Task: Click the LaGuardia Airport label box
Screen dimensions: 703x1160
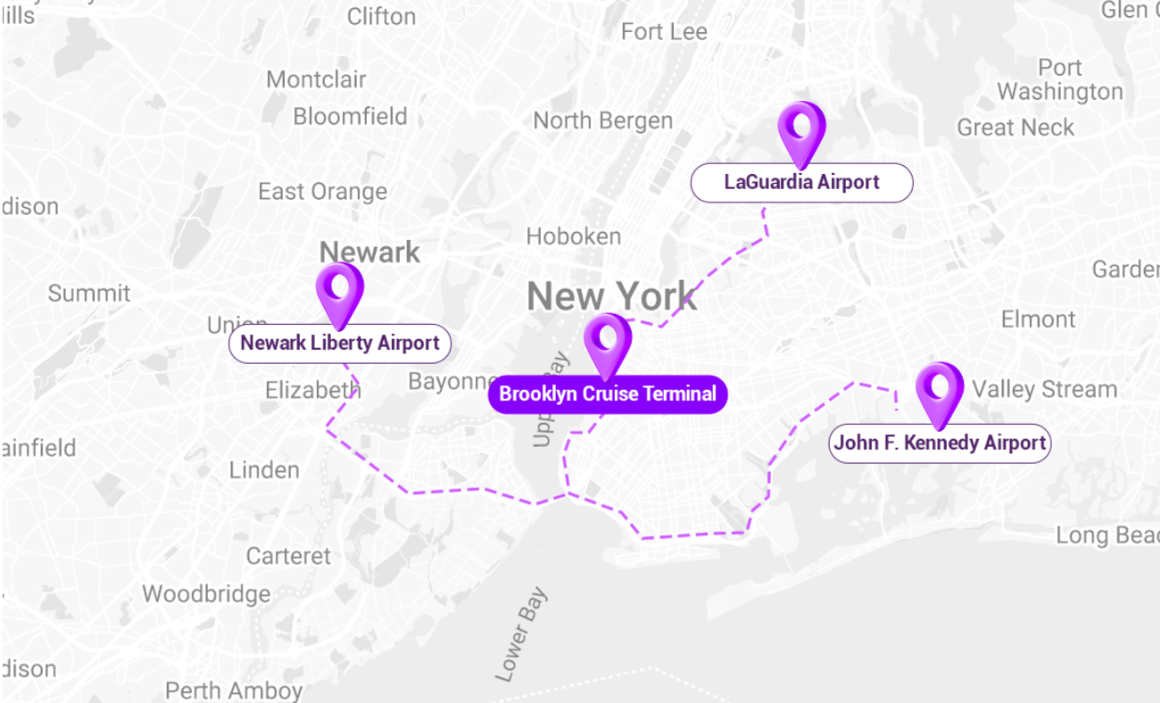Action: (x=801, y=183)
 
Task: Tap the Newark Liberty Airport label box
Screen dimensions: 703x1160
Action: (x=340, y=343)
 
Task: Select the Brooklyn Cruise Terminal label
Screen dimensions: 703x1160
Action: (x=608, y=394)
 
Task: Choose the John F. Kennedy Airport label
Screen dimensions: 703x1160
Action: (x=940, y=443)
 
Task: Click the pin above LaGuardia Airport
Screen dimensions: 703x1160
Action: (x=801, y=129)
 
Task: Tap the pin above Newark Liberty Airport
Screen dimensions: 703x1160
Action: (x=339, y=290)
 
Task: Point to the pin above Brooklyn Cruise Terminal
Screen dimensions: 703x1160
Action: (x=608, y=342)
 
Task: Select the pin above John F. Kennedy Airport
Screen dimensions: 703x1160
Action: (x=940, y=391)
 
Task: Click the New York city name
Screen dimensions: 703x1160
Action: (x=611, y=296)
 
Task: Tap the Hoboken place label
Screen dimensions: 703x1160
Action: (x=573, y=236)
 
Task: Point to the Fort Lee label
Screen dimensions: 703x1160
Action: (x=664, y=32)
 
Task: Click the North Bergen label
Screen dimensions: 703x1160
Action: (x=602, y=120)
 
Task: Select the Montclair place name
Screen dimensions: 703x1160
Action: (x=316, y=79)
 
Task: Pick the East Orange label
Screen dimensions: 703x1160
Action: (x=322, y=192)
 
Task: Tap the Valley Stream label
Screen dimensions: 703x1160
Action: (x=1044, y=390)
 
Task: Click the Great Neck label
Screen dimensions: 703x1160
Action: (x=1015, y=128)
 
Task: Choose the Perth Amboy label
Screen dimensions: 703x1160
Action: (x=234, y=691)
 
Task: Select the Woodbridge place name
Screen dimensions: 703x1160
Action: (x=206, y=594)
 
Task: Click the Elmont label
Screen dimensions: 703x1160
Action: (x=1038, y=319)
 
